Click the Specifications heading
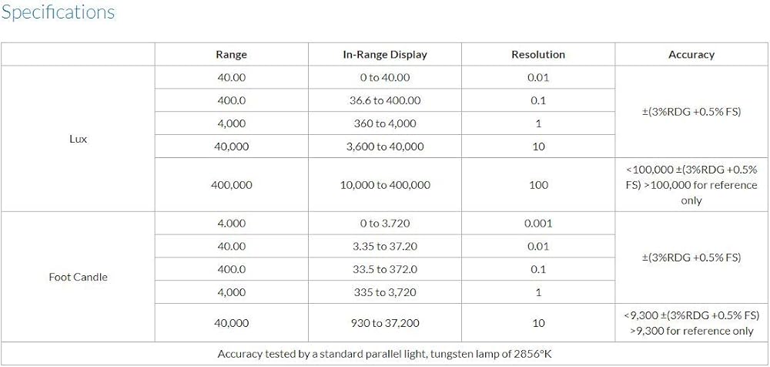pyautogui.click(x=58, y=13)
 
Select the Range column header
pyautogui.click(x=231, y=55)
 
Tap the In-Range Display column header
pyautogui.click(x=385, y=55)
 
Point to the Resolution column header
pyautogui.click(x=538, y=55)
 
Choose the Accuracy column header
pyautogui.click(x=691, y=55)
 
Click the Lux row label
pyautogui.click(x=78, y=140)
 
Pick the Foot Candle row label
pyautogui.click(x=78, y=277)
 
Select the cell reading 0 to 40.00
pyautogui.click(x=385, y=78)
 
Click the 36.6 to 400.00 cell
pyautogui.click(x=385, y=101)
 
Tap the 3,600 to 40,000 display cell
pyautogui.click(x=385, y=146)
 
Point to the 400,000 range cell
pyautogui.click(x=231, y=185)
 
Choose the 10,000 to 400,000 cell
pyautogui.click(x=385, y=185)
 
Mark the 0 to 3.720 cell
pyautogui.click(x=385, y=224)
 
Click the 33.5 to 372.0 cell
pyautogui.click(x=385, y=269)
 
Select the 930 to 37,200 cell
pyautogui.click(x=385, y=323)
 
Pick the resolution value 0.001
pyautogui.click(x=538, y=224)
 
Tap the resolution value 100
pyautogui.click(x=538, y=185)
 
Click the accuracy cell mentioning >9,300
pyautogui.click(x=691, y=323)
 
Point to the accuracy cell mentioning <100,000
pyautogui.click(x=691, y=185)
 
